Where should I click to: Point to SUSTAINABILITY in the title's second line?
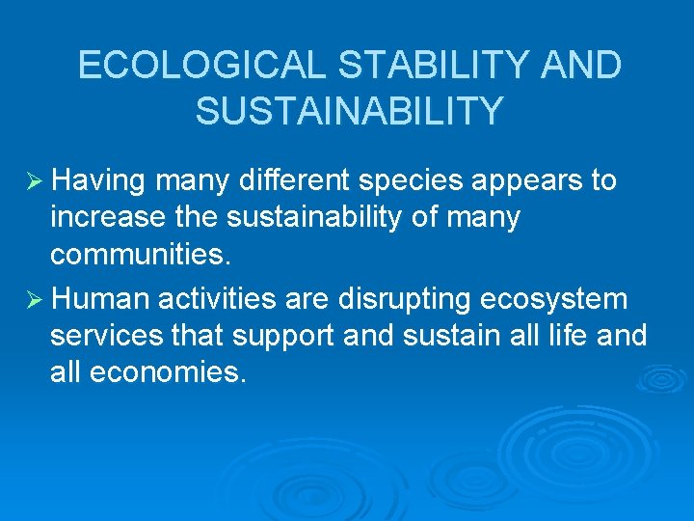coord(349,111)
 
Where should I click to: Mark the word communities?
coord(139,255)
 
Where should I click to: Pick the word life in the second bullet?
coord(554,337)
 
